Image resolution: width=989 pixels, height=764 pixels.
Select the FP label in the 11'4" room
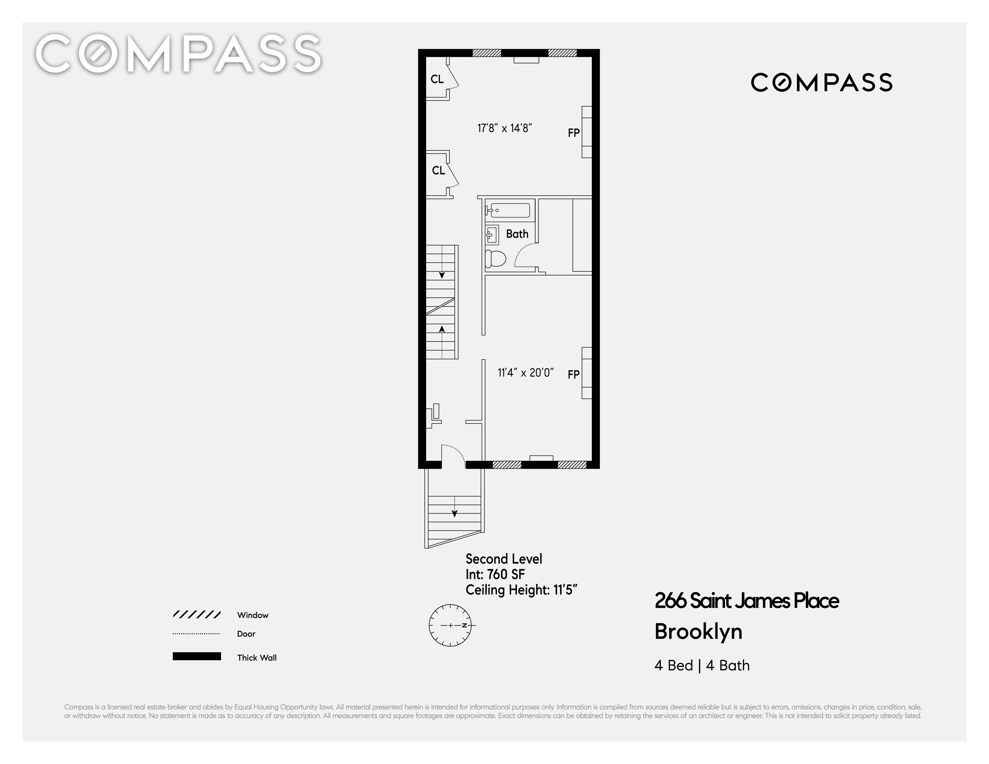[574, 374]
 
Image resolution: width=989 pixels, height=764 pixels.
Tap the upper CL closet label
[437, 79]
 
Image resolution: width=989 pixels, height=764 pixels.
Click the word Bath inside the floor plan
[517, 234]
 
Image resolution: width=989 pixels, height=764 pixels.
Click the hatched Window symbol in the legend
[196, 615]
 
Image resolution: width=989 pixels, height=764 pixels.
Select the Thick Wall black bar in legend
[196, 656]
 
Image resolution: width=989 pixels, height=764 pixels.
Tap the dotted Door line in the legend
[196, 634]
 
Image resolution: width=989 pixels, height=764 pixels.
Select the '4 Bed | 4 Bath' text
[702, 665]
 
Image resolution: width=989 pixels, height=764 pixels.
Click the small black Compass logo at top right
[821, 82]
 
